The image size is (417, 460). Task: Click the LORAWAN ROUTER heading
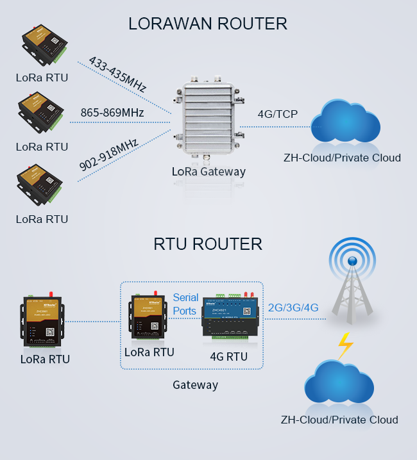[x=207, y=24]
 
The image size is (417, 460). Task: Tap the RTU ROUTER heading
[x=208, y=244]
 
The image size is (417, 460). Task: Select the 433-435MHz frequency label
[x=117, y=74]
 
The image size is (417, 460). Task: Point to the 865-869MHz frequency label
[x=112, y=113]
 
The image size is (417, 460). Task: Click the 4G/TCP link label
[x=277, y=114]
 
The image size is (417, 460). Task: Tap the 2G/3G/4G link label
[x=293, y=307]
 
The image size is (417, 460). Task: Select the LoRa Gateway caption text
[x=208, y=172]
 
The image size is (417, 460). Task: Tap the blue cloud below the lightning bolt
[x=339, y=384]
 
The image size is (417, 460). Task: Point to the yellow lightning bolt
[x=345, y=346]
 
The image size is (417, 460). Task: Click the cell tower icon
[x=352, y=282]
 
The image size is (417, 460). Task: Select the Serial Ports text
[x=185, y=304]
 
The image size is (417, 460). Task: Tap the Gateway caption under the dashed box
[x=195, y=385]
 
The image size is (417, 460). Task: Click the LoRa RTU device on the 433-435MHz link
[x=43, y=47]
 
